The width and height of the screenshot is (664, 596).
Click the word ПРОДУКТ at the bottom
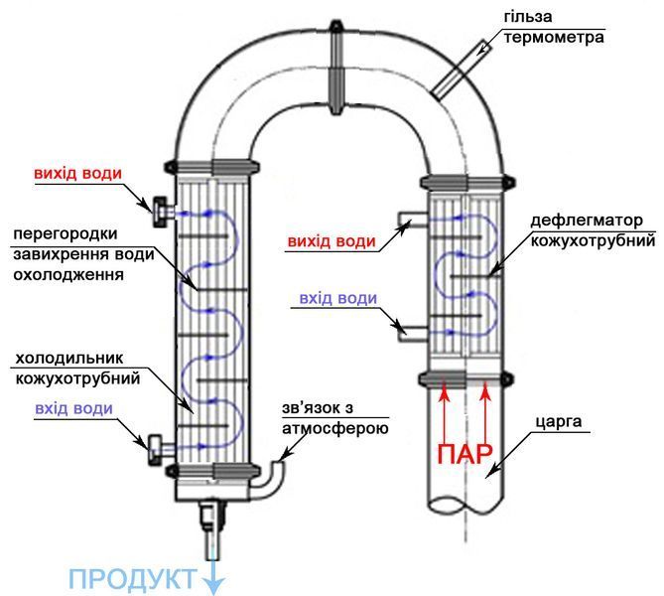pyautogui.click(x=133, y=579)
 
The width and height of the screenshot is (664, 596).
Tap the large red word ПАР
pyautogui.click(x=465, y=454)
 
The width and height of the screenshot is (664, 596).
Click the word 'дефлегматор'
pyautogui.click(x=587, y=221)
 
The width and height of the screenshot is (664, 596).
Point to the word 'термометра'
pyautogui.click(x=554, y=38)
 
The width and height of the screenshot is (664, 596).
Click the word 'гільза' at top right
pyautogui.click(x=528, y=17)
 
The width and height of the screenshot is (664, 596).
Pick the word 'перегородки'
pyautogui.click(x=66, y=234)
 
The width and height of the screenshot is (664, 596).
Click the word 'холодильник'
pyautogui.click(x=69, y=359)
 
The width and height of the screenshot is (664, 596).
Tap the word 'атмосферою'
pyautogui.click(x=334, y=428)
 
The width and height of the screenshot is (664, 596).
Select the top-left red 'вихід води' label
pyautogui.click(x=78, y=174)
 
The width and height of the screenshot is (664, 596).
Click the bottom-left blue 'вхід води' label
pyautogui.click(x=73, y=408)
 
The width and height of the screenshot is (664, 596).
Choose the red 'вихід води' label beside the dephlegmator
pyautogui.click(x=332, y=241)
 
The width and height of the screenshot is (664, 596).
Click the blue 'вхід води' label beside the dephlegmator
pyautogui.click(x=337, y=298)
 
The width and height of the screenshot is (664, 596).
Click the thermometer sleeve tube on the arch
pyautogui.click(x=461, y=70)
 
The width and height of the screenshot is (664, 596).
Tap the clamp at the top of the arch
pyautogui.click(x=336, y=68)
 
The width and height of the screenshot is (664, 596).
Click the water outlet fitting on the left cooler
pyautogui.click(x=163, y=212)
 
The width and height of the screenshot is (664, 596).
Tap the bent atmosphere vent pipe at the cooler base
pyautogui.click(x=269, y=483)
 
